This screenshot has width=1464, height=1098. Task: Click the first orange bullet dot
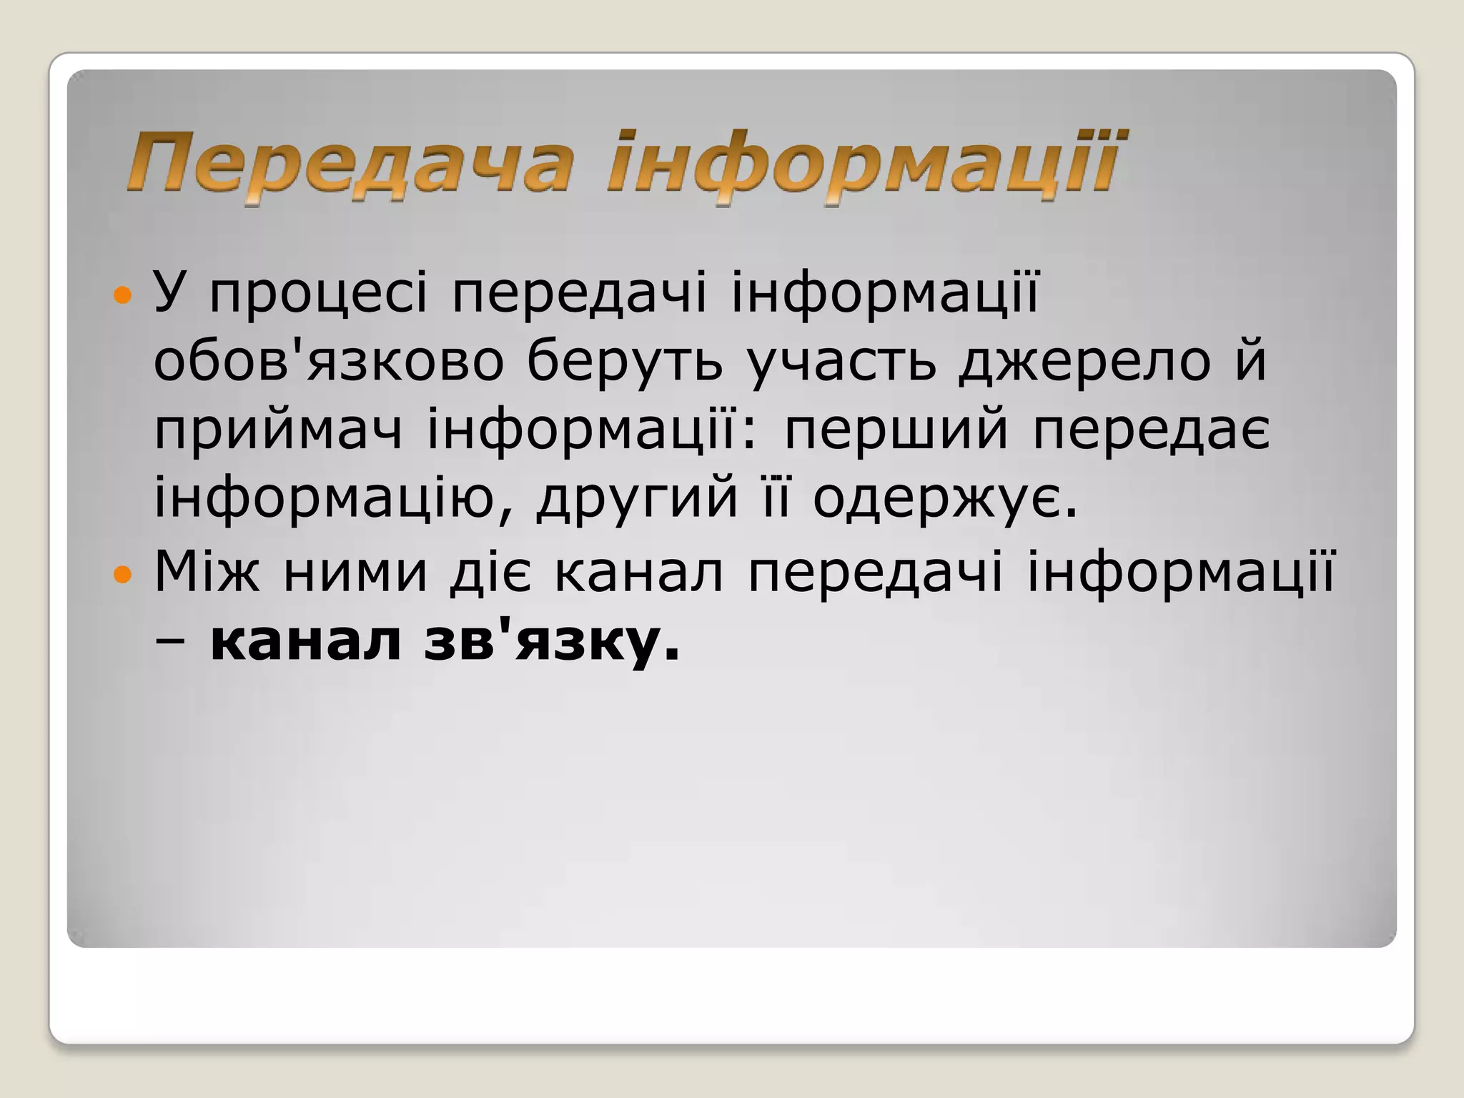(x=123, y=295)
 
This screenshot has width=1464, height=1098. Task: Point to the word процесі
(x=319, y=295)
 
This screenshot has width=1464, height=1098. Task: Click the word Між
(x=206, y=572)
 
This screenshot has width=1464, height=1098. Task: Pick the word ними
(x=355, y=573)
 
